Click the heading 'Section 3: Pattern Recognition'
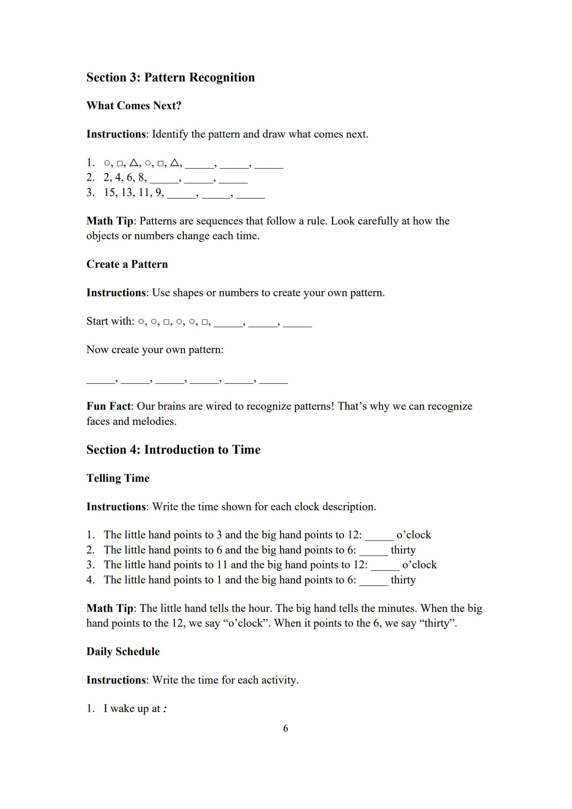click(170, 77)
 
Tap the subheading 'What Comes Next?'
click(134, 106)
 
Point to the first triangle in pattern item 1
click(134, 163)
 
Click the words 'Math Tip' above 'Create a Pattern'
click(110, 221)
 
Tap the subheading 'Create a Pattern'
click(127, 264)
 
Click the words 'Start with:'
click(110, 321)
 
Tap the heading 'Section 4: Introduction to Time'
click(173, 450)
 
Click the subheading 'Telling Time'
click(118, 478)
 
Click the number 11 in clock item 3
click(222, 565)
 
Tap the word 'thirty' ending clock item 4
click(403, 580)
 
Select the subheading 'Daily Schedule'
click(123, 652)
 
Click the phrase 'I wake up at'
click(131, 708)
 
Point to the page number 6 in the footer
click(286, 728)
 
